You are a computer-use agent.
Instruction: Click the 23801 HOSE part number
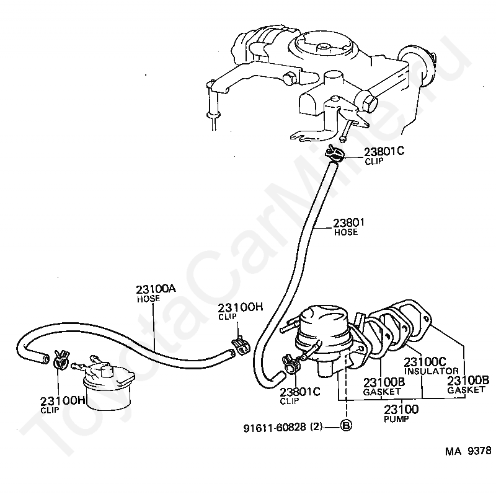pos(349,223)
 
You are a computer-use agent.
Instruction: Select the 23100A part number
pos(156,289)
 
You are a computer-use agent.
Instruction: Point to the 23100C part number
pos(425,361)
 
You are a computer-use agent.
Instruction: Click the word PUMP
pos(392,419)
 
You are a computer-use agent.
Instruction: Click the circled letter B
pos(345,426)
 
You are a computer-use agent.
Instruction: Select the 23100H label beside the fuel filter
pos(63,400)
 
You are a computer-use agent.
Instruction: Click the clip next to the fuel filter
pos(60,358)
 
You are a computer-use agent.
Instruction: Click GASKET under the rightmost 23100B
pos(466,390)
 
